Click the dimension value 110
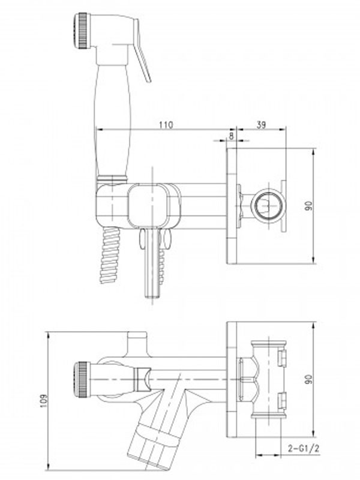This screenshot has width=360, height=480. click(x=166, y=125)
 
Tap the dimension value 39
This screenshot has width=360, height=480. click(x=261, y=125)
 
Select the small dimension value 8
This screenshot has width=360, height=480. click(x=231, y=136)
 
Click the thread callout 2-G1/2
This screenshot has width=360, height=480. click(x=304, y=448)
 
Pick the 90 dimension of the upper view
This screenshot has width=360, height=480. click(x=308, y=205)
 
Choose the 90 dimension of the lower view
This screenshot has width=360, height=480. click(x=308, y=379)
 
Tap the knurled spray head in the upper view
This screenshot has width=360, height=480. click(x=82, y=30)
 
